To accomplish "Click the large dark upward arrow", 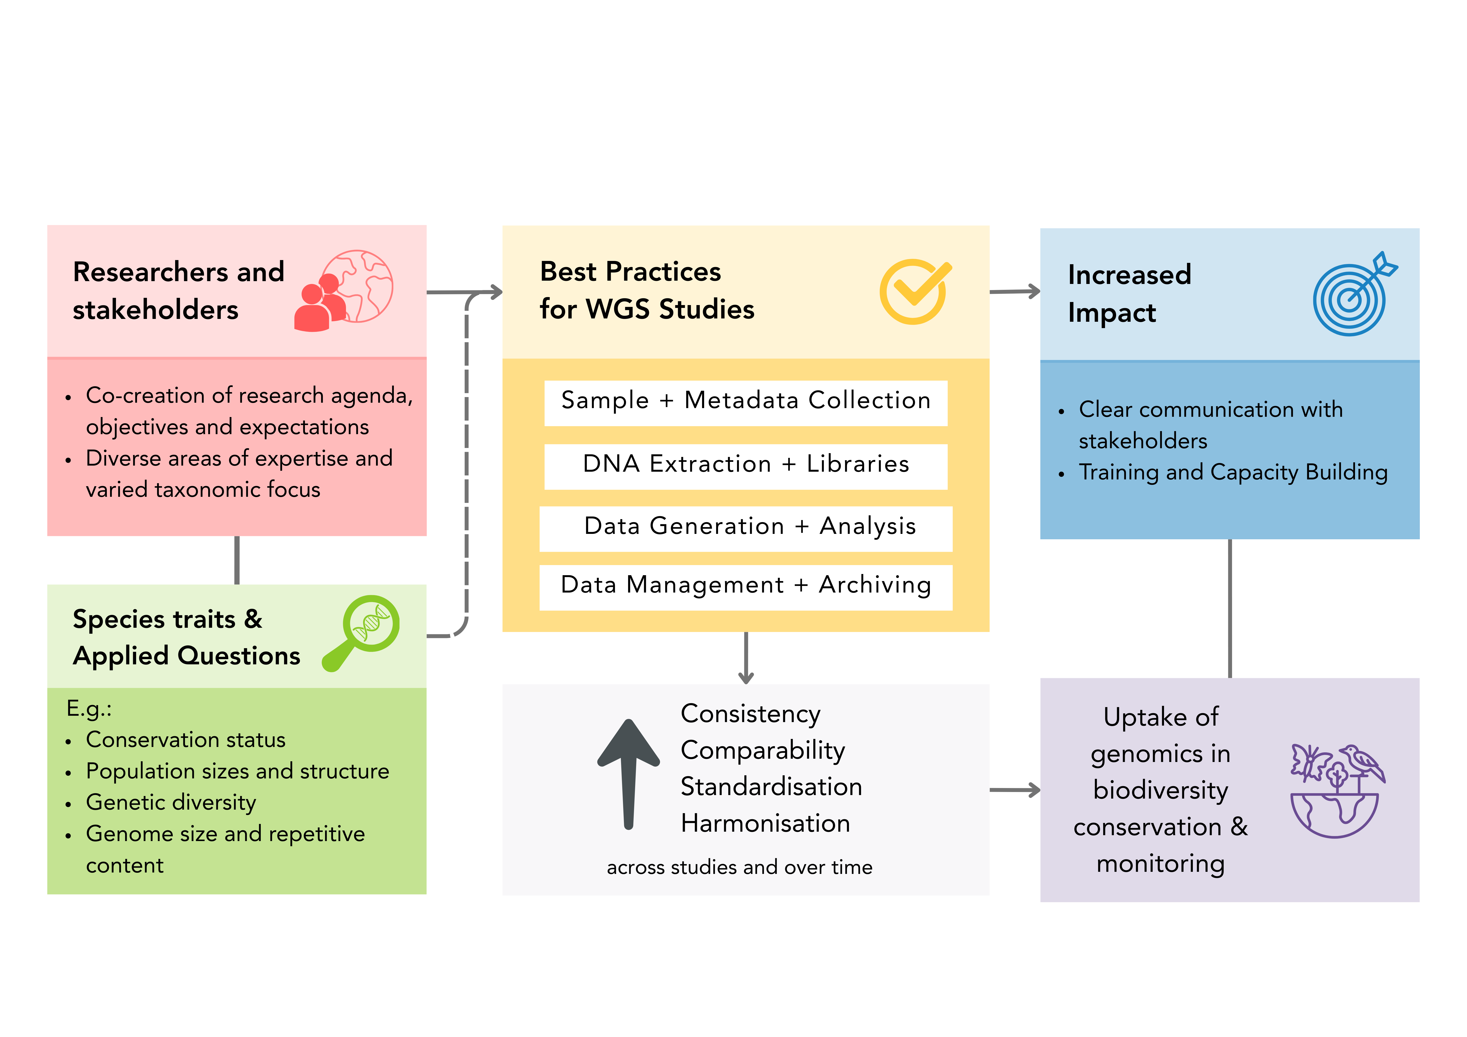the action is [629, 774].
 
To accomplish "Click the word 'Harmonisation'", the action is [765, 823].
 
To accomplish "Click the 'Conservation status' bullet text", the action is [185, 739].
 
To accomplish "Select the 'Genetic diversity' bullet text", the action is [171, 803].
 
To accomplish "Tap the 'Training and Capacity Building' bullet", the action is [1233, 472].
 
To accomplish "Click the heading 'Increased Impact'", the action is [1130, 293].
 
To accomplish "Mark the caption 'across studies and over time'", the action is [739, 867].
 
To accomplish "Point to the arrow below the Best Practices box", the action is [746, 658].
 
